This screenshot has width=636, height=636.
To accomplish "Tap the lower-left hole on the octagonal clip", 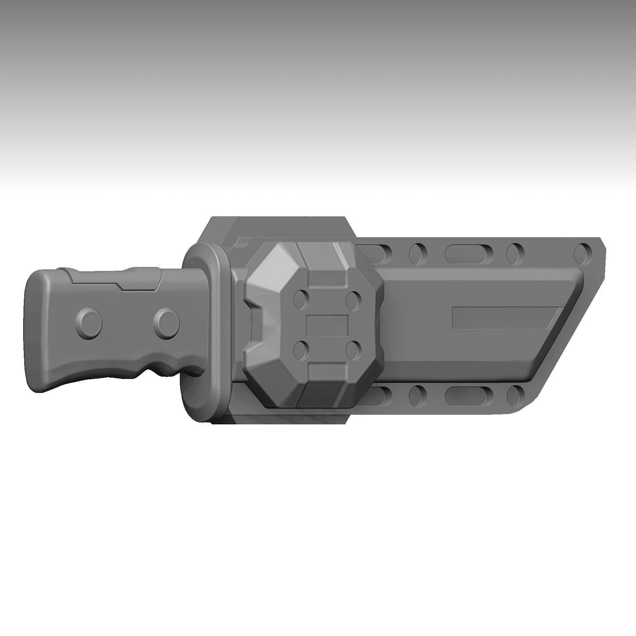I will click(301, 350).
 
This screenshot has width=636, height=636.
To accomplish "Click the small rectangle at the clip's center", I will click(327, 325).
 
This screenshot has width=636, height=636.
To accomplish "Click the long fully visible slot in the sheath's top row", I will click(464, 252).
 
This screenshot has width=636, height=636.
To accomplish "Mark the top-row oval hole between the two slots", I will click(416, 252).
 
